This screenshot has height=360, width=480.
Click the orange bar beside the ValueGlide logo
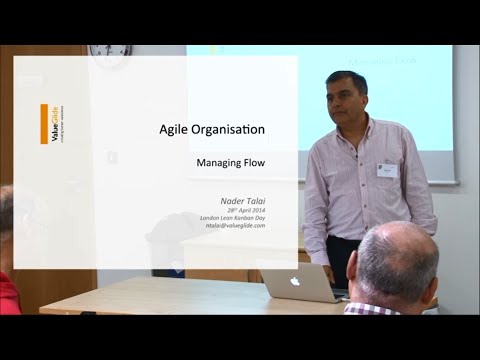(x=44, y=124)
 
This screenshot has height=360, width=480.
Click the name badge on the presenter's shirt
(x=386, y=170)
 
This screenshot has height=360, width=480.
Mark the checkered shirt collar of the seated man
(x=370, y=308)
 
